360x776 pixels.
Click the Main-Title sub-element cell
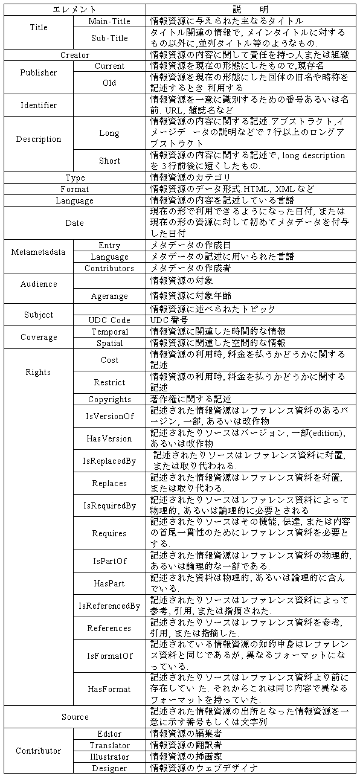(109, 21)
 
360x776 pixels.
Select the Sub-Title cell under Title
(109, 37)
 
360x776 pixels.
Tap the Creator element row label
(75, 55)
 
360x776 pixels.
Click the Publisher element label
(39, 72)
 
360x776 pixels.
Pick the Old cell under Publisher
(109, 83)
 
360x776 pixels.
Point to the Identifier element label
(39, 105)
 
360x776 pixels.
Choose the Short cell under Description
(109, 161)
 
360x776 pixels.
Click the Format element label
(75, 189)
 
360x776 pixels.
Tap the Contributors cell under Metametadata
(109, 268)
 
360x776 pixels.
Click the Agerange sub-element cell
(109, 296)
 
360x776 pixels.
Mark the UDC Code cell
(109, 320)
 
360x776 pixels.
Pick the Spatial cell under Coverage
(109, 343)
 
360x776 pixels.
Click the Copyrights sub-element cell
(109, 399)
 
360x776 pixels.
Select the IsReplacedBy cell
(109, 461)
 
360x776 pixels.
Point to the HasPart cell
(109, 583)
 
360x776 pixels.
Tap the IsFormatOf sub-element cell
(109, 655)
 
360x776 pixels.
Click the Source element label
(75, 717)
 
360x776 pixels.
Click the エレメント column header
(75, 10)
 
